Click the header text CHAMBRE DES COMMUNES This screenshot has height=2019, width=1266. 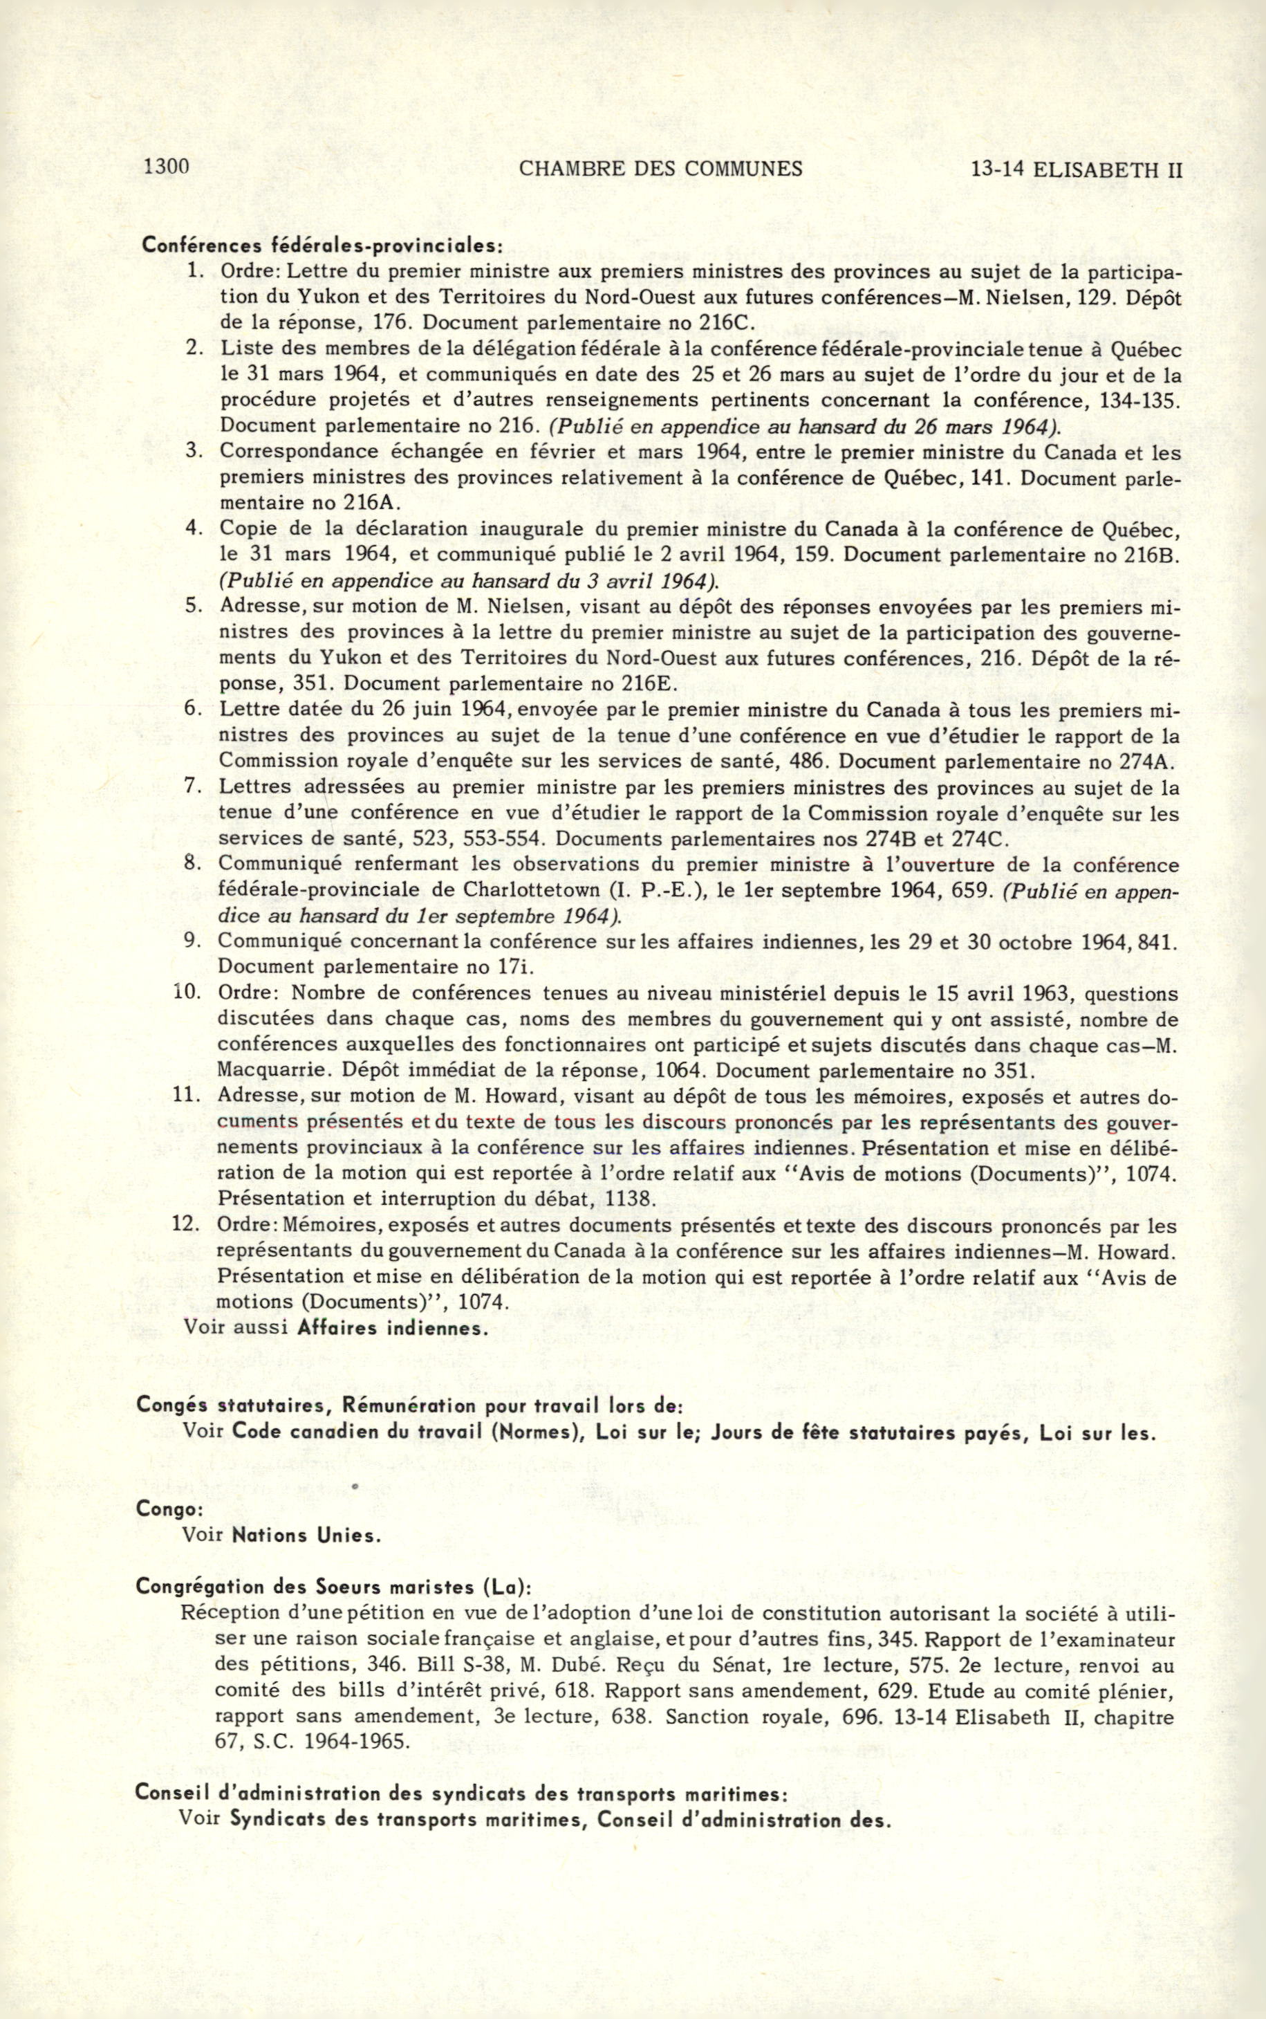pos(660,169)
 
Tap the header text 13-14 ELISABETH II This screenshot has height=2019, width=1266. pos(1076,170)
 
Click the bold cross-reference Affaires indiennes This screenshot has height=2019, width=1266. pos(392,1328)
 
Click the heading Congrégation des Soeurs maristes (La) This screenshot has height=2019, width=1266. pos(333,1587)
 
